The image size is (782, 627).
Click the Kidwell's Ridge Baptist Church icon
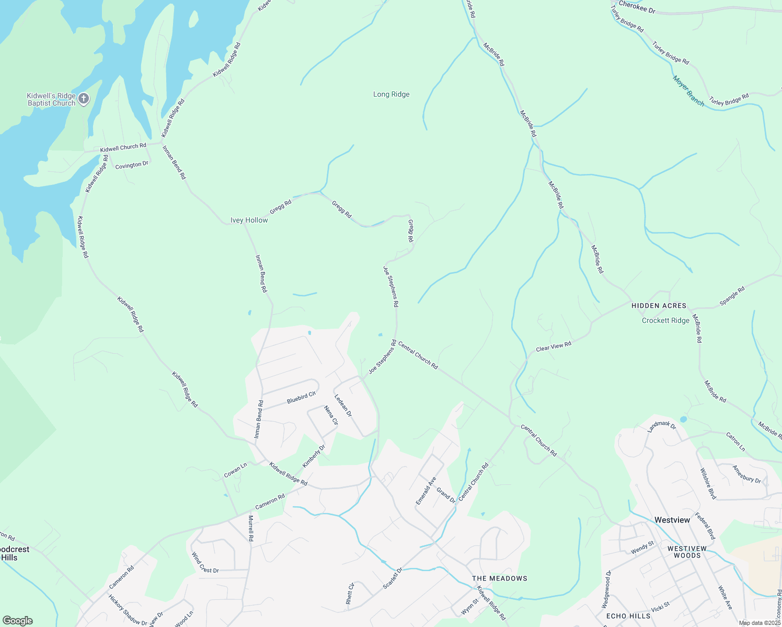coord(83,98)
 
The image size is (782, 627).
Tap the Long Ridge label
coord(391,95)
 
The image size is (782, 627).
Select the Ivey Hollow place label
coord(249,220)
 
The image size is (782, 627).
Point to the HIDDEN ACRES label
coord(659,306)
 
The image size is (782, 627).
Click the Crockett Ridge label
coord(665,320)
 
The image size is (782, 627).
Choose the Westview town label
coord(672,520)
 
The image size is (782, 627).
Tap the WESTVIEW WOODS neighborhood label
coord(687,552)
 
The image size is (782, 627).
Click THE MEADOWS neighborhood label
coord(499,578)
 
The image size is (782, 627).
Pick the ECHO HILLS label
coord(628,616)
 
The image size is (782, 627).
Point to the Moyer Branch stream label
coord(688,91)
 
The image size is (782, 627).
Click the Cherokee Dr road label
coord(637,7)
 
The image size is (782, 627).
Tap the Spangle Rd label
coord(732,296)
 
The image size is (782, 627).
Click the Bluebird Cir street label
coord(301,398)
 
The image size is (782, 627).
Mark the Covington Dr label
coord(132,165)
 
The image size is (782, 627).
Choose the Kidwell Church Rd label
coord(123,148)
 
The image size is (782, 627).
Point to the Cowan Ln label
coord(235,470)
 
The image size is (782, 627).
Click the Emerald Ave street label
coord(425,491)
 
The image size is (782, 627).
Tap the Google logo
coord(18,620)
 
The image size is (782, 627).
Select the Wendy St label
coord(642,548)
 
